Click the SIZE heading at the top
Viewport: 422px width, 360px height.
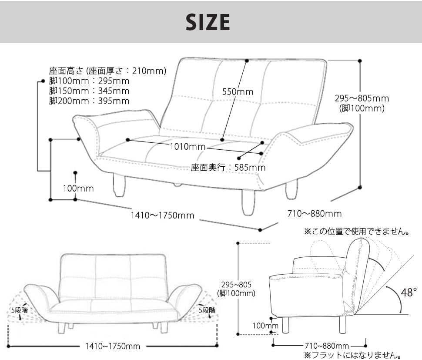point(208,22)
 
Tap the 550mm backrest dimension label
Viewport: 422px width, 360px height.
point(238,92)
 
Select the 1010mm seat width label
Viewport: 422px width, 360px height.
point(188,147)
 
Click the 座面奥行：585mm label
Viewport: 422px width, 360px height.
point(228,168)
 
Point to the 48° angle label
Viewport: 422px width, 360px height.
point(409,292)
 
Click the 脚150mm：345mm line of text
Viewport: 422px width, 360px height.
point(89,91)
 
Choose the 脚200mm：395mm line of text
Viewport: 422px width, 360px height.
point(89,101)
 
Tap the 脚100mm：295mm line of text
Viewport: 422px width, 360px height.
point(89,81)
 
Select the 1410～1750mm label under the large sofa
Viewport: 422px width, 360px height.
point(162,215)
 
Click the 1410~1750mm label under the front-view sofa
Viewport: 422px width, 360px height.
point(113,346)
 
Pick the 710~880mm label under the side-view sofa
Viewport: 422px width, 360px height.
point(327,346)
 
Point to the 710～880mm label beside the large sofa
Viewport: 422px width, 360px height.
point(315,214)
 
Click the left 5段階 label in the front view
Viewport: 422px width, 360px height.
point(20,310)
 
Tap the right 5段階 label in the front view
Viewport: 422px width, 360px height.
point(207,310)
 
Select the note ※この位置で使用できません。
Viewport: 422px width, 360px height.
point(357,231)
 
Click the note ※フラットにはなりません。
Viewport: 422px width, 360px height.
point(353,355)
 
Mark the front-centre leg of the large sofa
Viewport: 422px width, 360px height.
point(248,202)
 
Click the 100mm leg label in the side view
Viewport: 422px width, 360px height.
point(265,326)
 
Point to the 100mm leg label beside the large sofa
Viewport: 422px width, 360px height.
point(78,188)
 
